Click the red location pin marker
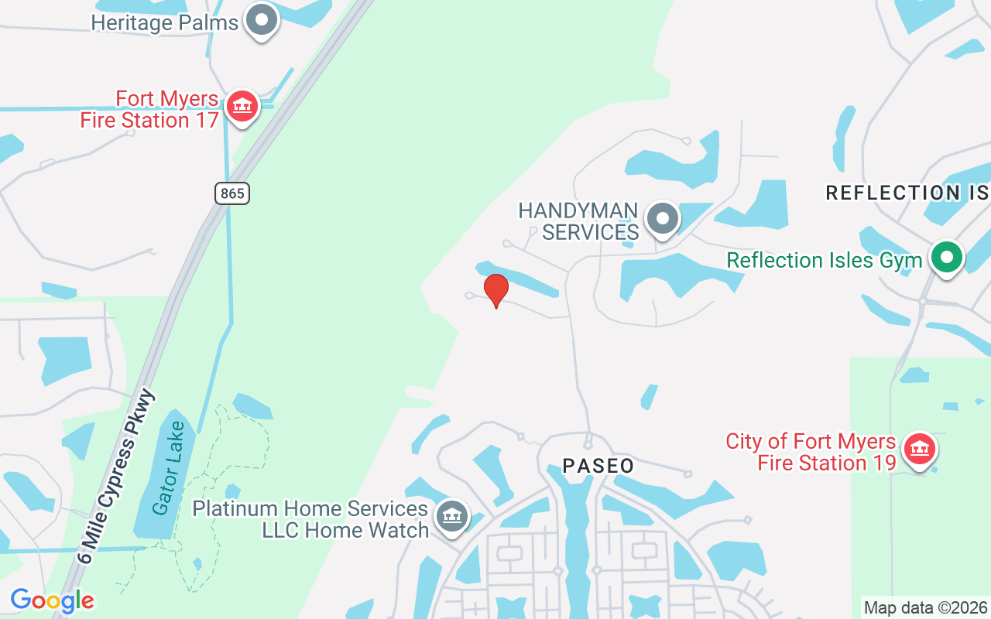coord(496,290)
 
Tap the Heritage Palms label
coord(164,22)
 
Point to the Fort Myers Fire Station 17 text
coord(150,110)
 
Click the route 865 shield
coord(232,193)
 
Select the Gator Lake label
coord(169,468)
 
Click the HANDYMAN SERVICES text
coord(578,221)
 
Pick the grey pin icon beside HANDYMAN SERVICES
coord(662,217)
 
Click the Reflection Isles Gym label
coord(824,261)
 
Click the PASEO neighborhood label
coord(598,466)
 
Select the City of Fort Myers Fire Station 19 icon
coord(919,448)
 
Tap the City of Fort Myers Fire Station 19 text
coord(811,453)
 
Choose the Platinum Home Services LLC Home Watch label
coord(310,519)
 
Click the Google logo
coord(52,600)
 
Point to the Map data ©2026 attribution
coord(925,608)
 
